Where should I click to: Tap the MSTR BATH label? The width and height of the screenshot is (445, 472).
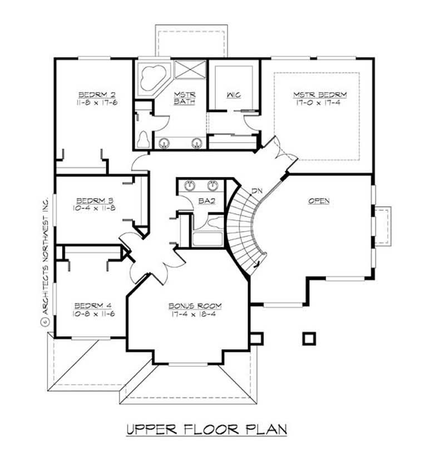[181, 98]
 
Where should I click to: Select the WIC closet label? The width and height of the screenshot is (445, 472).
[233, 95]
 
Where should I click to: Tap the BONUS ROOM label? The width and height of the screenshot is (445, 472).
[195, 306]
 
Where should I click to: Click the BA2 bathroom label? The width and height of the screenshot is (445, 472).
[206, 201]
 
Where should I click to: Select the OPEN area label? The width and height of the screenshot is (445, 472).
[319, 201]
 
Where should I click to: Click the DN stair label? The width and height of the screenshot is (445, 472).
[256, 191]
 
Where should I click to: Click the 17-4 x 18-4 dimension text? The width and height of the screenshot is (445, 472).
[195, 314]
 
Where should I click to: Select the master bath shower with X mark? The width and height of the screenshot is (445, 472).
[190, 71]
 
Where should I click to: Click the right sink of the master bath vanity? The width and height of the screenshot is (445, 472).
[196, 144]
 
